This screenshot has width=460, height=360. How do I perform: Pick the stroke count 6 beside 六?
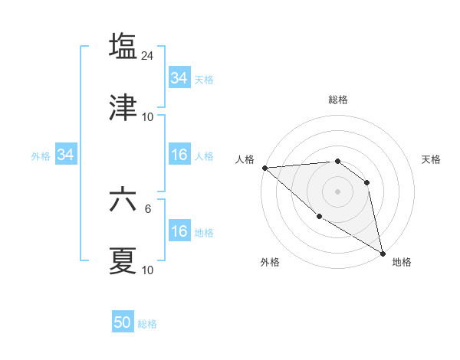148,208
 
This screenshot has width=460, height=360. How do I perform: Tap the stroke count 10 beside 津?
148,117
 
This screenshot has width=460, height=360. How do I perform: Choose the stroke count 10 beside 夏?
148,270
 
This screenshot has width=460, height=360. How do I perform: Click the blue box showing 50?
123,322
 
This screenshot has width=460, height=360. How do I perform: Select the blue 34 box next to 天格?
179,77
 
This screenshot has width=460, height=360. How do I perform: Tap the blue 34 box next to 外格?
65,155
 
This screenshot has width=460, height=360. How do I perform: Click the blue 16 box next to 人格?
179,155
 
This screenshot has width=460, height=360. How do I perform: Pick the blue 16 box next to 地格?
179,231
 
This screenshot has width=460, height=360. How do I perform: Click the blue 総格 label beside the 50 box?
147,324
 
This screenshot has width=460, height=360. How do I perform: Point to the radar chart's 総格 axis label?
337,100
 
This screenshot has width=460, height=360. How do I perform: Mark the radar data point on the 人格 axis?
264,168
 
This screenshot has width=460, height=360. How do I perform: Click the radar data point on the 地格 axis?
383,253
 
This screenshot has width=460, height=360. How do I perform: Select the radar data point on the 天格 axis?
366,182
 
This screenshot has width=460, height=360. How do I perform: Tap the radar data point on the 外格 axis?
320,216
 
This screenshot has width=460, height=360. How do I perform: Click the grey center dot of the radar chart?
337,191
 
